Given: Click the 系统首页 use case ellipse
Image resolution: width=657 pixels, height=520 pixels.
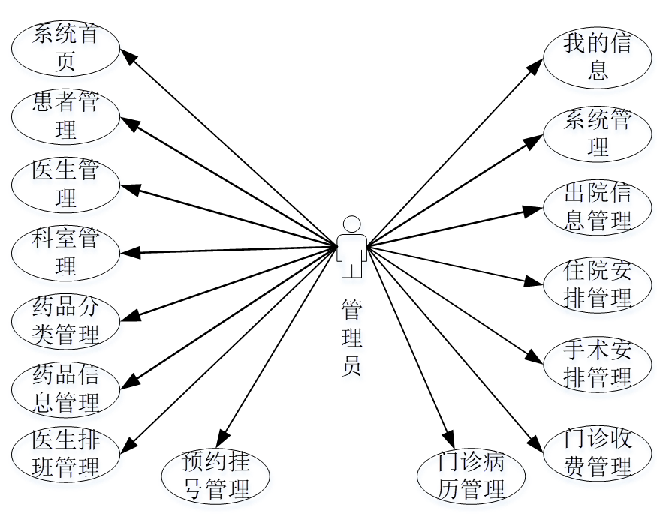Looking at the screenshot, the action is pyautogui.click(x=66, y=48).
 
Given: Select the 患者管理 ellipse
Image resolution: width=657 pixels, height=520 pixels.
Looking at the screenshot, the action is pyautogui.click(x=66, y=116).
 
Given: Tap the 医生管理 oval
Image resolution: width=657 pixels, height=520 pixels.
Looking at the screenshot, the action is pyautogui.click(x=66, y=184).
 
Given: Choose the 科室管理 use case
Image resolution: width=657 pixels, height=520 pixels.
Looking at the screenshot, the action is pyautogui.click(x=66, y=252).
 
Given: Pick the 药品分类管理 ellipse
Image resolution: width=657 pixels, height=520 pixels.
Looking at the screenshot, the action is pyautogui.click(x=66, y=320).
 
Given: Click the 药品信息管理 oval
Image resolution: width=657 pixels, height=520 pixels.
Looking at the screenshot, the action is pyautogui.click(x=66, y=389).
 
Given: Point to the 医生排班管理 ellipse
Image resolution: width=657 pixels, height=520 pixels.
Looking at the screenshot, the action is pyautogui.click(x=66, y=455).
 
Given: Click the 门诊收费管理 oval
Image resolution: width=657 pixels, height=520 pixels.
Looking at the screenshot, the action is pyautogui.click(x=598, y=453).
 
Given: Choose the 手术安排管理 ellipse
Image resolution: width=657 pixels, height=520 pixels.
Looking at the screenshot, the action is pyautogui.click(x=598, y=365).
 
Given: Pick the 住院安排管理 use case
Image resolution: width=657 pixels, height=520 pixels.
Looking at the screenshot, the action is pyautogui.click(x=598, y=284).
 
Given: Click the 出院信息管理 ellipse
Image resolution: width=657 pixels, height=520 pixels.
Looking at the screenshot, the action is pyautogui.click(x=598, y=208).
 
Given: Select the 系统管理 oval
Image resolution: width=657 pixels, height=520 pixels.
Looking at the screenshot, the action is pyautogui.click(x=598, y=134).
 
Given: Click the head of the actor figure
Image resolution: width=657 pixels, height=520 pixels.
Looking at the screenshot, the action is pyautogui.click(x=351, y=224).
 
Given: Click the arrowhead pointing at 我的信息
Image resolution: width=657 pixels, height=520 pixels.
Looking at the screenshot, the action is pyautogui.click(x=535, y=65).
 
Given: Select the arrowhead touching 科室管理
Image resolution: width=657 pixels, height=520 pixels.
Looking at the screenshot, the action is pyautogui.click(x=127, y=252).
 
